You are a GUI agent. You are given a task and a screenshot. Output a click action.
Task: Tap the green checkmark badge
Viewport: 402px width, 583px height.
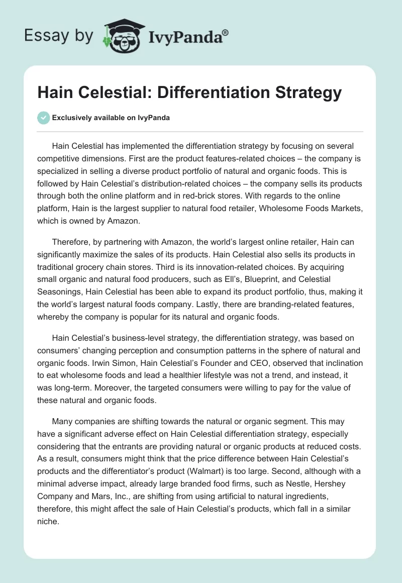click(x=43, y=118)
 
